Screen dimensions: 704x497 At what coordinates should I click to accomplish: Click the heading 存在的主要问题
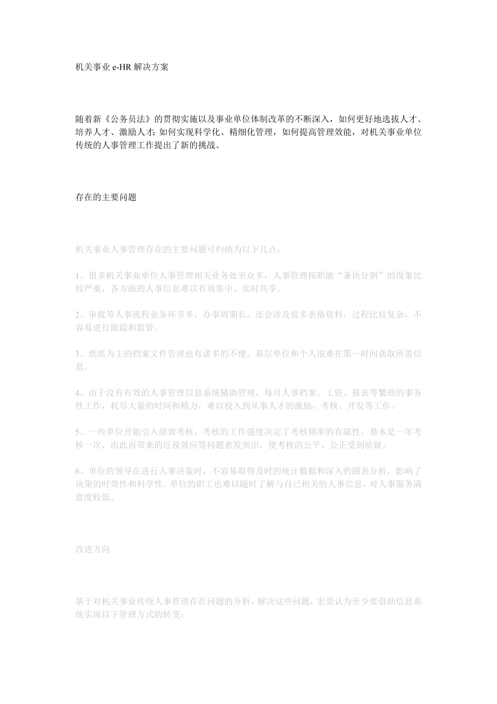106,197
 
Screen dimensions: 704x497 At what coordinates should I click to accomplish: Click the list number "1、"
80,275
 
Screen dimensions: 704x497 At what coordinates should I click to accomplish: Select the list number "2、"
80,314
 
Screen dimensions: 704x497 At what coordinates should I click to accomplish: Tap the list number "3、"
80,354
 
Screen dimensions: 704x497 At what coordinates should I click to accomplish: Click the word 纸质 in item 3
97,354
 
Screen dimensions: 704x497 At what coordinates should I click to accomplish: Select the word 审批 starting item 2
97,314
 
